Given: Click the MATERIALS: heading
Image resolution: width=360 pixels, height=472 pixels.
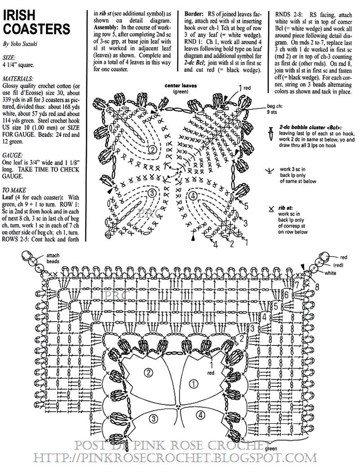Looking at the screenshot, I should [x=18, y=78].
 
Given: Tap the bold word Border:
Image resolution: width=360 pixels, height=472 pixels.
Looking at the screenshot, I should [x=196, y=14].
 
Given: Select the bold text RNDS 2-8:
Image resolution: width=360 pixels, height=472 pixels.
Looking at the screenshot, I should [x=292, y=14].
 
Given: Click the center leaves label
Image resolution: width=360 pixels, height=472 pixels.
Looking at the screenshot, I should [x=180, y=86].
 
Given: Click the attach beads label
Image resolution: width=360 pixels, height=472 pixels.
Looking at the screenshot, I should [x=53, y=259].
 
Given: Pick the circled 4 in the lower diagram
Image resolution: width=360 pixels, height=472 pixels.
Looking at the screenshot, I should [x=200, y=415].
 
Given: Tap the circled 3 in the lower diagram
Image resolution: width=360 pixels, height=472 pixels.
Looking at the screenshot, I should [x=154, y=418].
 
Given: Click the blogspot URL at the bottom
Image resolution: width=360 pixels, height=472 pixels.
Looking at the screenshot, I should [x=175, y=458].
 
